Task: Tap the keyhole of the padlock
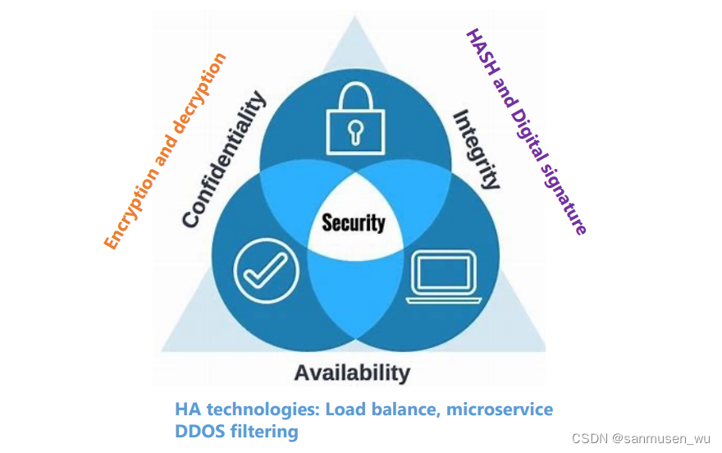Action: pos(354,130)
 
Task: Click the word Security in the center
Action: pos(353,222)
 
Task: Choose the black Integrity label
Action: pos(477,149)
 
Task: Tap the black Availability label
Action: pos(352,373)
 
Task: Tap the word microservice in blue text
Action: pos(500,410)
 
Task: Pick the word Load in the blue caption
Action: pos(345,410)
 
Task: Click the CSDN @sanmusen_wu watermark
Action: pos(642,437)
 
